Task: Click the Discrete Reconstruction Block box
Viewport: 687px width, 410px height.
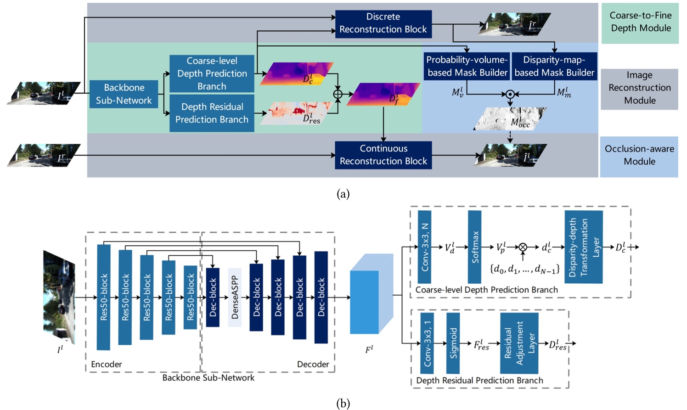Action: (x=383, y=23)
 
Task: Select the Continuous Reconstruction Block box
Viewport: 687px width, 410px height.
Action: (x=383, y=155)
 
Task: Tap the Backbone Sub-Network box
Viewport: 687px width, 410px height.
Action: (x=124, y=94)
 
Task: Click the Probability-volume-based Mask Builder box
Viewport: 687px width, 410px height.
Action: (x=467, y=66)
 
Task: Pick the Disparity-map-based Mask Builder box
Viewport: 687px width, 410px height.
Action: (x=554, y=66)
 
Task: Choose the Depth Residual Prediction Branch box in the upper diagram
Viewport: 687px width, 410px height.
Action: (x=212, y=113)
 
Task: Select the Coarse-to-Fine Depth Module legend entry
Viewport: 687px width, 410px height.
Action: (x=640, y=22)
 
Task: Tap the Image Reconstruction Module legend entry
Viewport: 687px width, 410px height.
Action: (x=639, y=88)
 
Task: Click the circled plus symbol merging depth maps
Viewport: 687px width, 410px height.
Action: (x=338, y=94)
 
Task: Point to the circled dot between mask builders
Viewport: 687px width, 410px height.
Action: (x=510, y=94)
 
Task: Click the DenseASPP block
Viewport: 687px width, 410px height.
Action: (x=235, y=298)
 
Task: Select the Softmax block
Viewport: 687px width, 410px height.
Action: (x=474, y=247)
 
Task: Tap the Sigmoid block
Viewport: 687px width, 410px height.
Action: (x=453, y=343)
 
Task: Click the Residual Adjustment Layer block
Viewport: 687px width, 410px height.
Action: (x=519, y=343)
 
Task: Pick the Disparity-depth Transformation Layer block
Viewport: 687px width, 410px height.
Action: (x=583, y=247)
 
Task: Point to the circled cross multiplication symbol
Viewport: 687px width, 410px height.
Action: (x=523, y=247)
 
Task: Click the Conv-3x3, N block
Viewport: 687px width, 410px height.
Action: (x=424, y=247)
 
